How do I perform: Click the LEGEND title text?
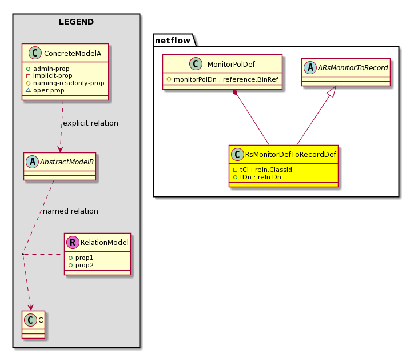point(76,22)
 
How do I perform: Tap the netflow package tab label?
point(173,41)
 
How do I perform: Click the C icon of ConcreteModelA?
point(35,53)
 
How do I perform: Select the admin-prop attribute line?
point(47,69)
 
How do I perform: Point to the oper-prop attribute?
point(45,90)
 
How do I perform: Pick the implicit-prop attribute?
point(49,76)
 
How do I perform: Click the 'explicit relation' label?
point(91,123)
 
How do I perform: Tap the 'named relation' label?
point(71,211)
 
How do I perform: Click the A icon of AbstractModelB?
point(33,162)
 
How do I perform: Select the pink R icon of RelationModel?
point(73,242)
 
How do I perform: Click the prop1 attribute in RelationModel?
point(81,258)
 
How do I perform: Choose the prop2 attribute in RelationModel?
point(81,265)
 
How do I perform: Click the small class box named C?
point(34,324)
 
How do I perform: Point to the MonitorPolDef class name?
point(231,65)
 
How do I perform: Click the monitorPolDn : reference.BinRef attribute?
point(222,79)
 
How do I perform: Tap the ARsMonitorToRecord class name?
point(353,68)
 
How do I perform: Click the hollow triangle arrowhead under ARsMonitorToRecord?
point(331,91)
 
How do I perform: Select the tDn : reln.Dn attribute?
point(257,177)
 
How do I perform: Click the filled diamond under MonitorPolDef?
point(235,92)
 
